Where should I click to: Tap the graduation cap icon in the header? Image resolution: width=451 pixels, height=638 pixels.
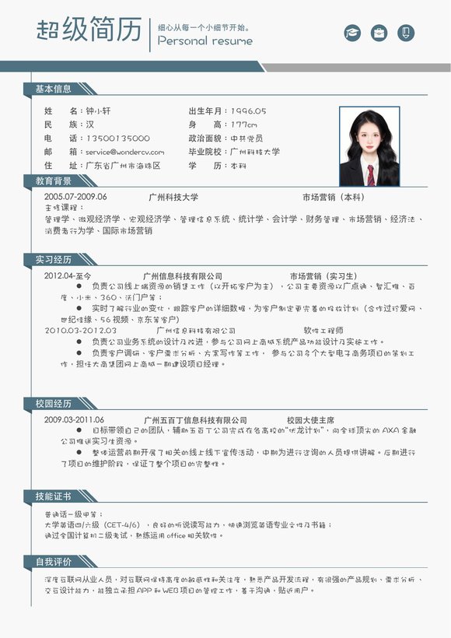coord(353,33)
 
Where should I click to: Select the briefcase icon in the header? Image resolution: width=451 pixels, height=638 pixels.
coord(379,33)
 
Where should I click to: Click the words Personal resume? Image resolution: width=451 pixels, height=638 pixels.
coord(205,41)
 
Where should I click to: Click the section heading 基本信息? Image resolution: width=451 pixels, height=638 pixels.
coord(53,89)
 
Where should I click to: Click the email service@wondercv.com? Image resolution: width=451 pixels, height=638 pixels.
coord(125,152)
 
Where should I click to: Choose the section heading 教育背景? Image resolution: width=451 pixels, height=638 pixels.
coord(53,181)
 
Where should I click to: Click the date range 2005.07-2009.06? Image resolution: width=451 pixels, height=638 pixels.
coord(75,197)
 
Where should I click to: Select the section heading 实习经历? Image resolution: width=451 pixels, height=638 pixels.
coord(53,259)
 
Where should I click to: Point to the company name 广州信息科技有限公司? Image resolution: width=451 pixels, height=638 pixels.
coord(183,276)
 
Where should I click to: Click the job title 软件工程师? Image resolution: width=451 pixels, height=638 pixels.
coord(322,330)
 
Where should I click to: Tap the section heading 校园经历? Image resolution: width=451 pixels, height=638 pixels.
coord(53,404)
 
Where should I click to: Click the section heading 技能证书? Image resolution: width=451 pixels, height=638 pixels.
coord(53,496)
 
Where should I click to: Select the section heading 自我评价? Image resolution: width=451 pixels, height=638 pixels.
coord(53,562)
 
